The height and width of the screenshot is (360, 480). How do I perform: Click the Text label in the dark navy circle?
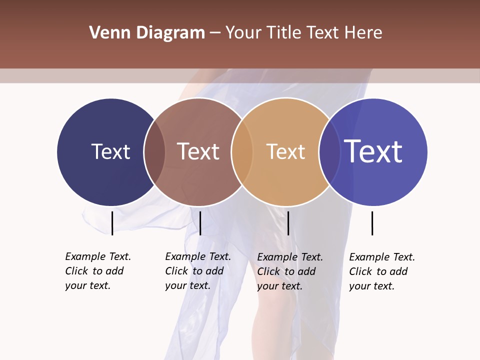(110, 151)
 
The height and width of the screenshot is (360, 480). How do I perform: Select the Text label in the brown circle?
(198, 151)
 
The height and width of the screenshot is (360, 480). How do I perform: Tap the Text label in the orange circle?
(285, 151)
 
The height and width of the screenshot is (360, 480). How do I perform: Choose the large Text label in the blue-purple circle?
(373, 151)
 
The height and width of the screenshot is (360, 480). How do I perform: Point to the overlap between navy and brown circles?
(154, 152)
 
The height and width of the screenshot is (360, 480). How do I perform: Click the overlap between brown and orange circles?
(242, 152)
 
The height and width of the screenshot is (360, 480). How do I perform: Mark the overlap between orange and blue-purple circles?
(329, 152)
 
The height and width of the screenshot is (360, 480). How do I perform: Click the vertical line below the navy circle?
(112, 223)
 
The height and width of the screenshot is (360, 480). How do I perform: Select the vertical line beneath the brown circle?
(200, 223)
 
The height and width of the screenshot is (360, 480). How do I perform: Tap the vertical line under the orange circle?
(288, 223)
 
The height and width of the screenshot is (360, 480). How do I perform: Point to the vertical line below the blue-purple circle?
(372, 223)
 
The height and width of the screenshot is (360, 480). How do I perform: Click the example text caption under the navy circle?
(98, 271)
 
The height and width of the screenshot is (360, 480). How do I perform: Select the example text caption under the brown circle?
(198, 271)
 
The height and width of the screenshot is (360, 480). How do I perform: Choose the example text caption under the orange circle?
(290, 271)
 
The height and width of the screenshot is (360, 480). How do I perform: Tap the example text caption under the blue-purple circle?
(382, 271)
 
